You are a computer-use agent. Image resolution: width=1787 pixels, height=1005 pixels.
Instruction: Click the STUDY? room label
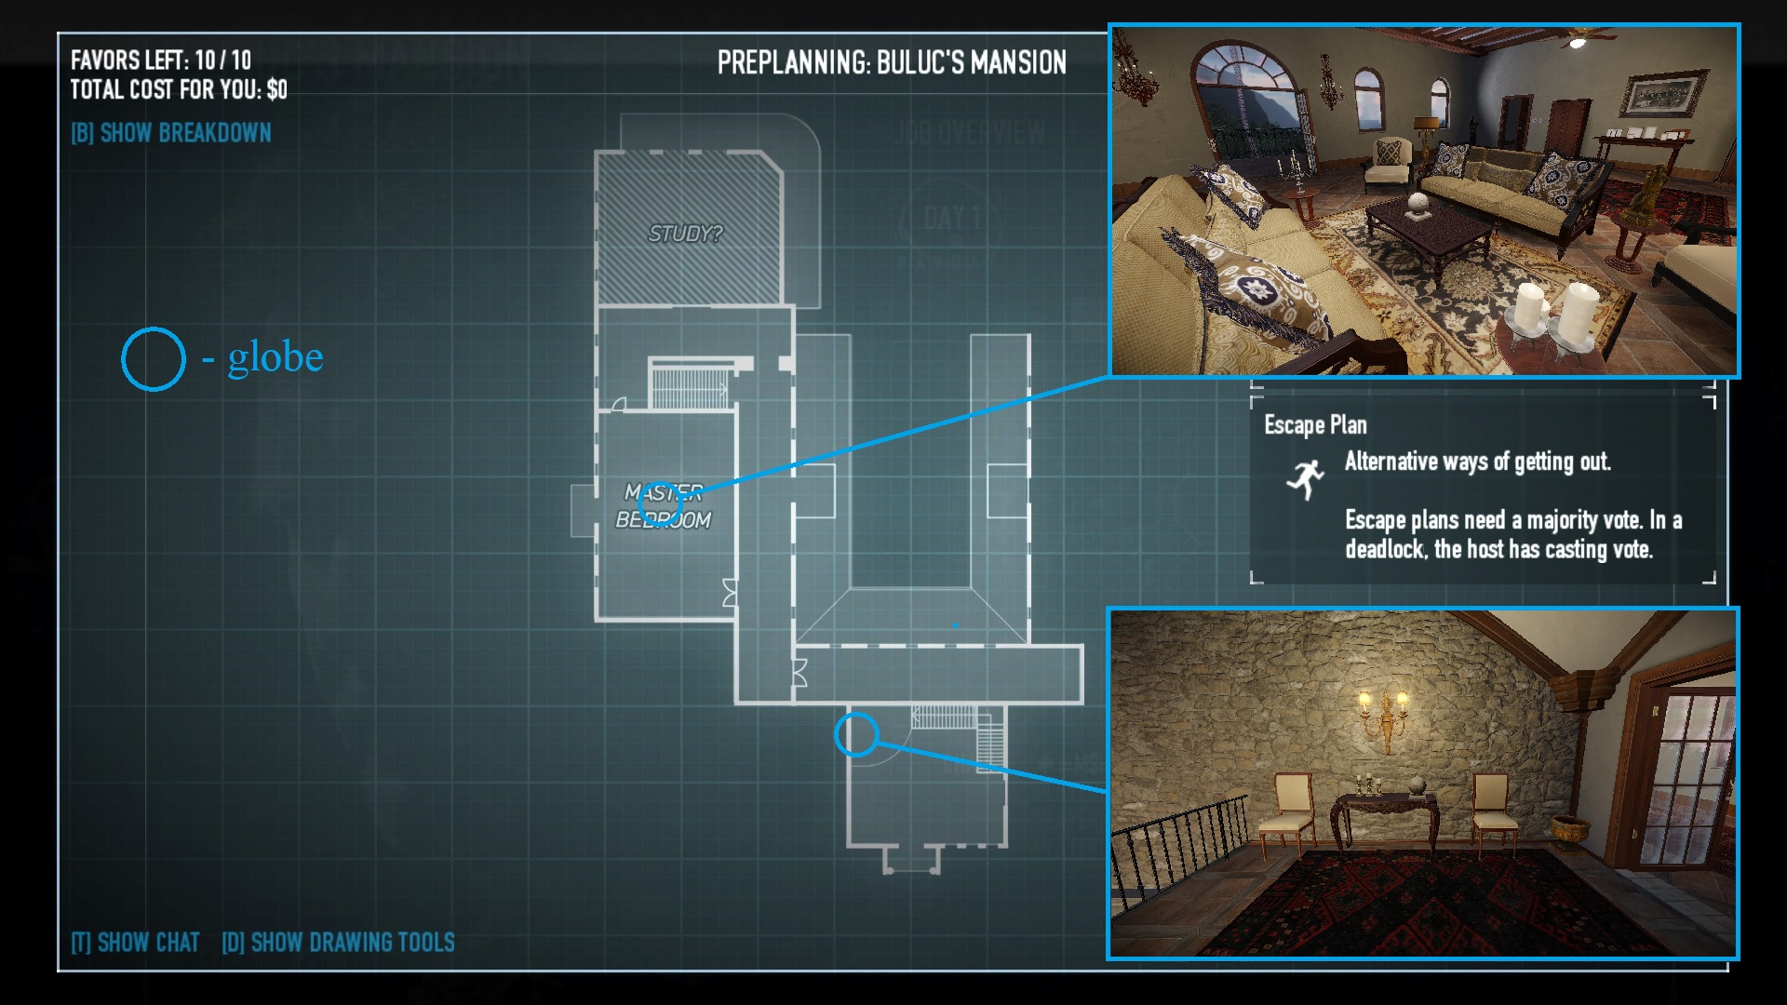pyautogui.click(x=685, y=234)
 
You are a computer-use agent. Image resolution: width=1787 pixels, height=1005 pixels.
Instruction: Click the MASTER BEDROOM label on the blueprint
pyautogui.click(x=664, y=506)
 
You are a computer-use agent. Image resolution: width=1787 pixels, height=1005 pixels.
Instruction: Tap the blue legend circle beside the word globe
pyautogui.click(x=154, y=359)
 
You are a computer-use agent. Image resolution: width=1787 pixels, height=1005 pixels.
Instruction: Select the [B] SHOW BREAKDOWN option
pyautogui.click(x=171, y=133)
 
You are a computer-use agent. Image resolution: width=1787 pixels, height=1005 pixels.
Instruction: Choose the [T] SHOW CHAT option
pyautogui.click(x=136, y=943)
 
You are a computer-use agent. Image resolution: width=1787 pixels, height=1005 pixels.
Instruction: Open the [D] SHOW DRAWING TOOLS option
pyautogui.click(x=338, y=943)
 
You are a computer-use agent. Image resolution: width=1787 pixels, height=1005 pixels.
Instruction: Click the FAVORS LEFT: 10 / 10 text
pyautogui.click(x=161, y=60)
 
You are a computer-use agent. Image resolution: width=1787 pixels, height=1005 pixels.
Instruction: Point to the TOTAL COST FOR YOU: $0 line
pyautogui.click(x=179, y=90)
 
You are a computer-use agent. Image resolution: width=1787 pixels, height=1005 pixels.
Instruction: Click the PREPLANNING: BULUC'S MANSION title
pyautogui.click(x=892, y=62)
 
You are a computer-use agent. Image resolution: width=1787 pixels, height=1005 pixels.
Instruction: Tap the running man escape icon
pyautogui.click(x=1306, y=478)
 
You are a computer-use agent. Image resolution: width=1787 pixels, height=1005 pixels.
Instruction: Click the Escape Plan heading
pyautogui.click(x=1315, y=425)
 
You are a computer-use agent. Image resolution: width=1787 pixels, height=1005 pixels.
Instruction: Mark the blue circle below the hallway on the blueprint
pyautogui.click(x=856, y=734)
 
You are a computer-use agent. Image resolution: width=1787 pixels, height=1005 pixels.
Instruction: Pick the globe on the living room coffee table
pyautogui.click(x=1418, y=203)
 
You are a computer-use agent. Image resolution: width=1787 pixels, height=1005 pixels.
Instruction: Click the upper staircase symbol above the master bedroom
pyautogui.click(x=689, y=384)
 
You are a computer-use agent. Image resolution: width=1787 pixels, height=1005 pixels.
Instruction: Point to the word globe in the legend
pyautogui.click(x=275, y=357)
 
